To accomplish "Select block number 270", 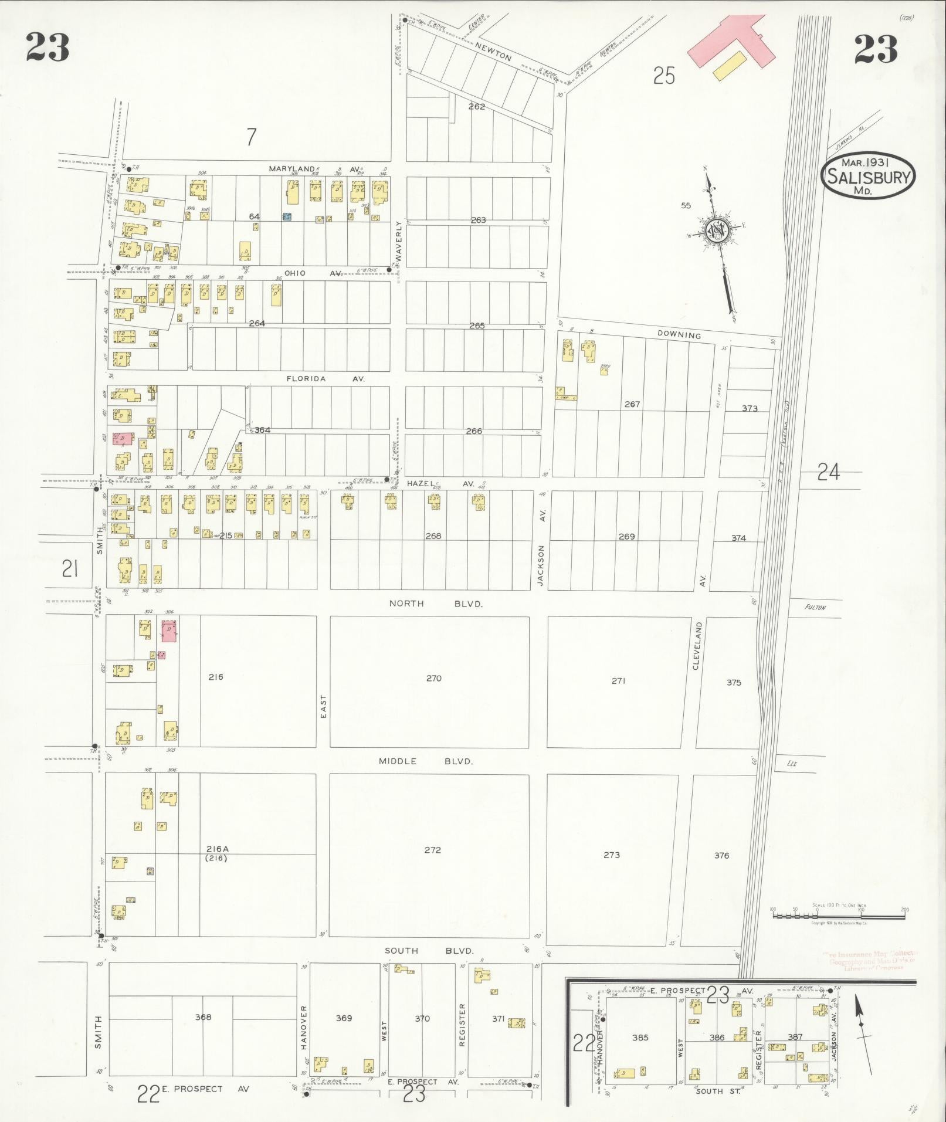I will [433, 679].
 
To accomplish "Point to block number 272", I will [432, 850].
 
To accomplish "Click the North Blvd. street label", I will [436, 604].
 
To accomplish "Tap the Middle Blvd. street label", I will [425, 761].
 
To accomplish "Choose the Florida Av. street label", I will [325, 379].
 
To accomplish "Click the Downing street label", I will [679, 335].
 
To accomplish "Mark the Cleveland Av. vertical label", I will [697, 645].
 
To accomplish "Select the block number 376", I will [721, 856].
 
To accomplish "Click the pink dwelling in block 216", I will [169, 630].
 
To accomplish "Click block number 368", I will [203, 1017].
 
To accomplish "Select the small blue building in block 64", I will [287, 216].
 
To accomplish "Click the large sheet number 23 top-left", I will [48, 48].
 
